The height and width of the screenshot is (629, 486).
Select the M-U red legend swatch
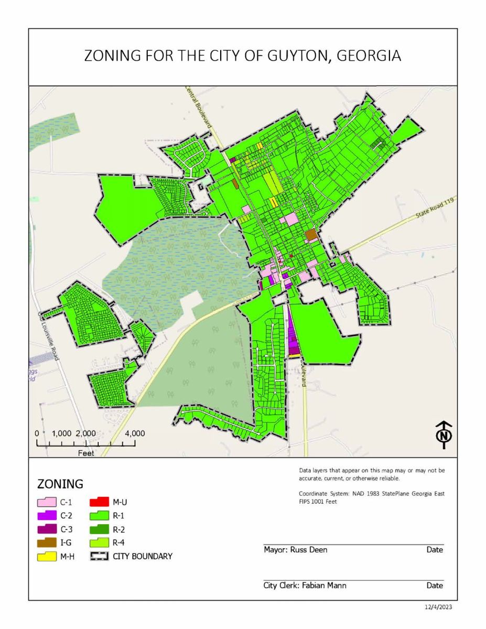(x=99, y=502)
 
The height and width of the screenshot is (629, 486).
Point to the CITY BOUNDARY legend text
(x=142, y=556)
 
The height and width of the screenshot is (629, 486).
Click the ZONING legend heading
(x=60, y=483)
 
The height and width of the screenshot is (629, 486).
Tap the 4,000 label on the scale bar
(x=135, y=433)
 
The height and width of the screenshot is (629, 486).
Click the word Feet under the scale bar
(x=86, y=453)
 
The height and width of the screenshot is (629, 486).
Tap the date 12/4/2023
(x=438, y=607)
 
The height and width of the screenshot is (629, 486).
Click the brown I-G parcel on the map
(x=311, y=235)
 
